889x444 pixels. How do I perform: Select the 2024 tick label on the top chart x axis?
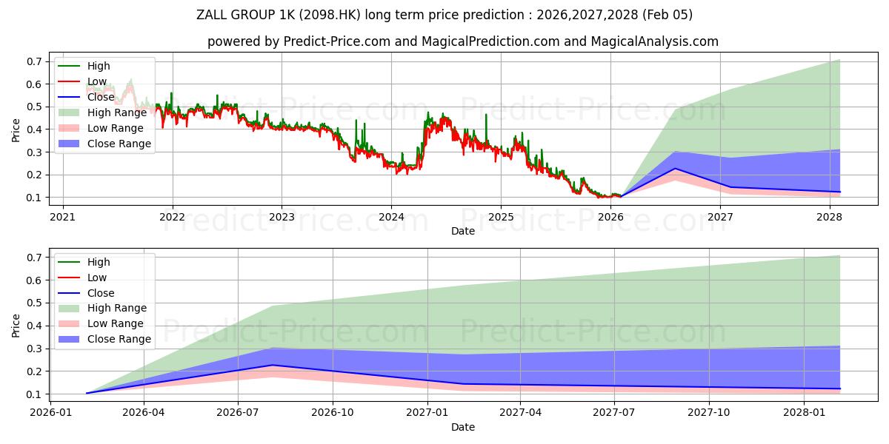pyautogui.click(x=391, y=217)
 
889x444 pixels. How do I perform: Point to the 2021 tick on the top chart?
pyautogui.click(x=63, y=217)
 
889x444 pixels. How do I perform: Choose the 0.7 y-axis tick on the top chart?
pyautogui.click(x=34, y=61)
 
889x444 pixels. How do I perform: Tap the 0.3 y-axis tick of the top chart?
pyautogui.click(x=34, y=152)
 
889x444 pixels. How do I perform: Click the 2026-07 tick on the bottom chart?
pyautogui.click(x=238, y=413)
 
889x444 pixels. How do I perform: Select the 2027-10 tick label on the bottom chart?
pyautogui.click(x=710, y=413)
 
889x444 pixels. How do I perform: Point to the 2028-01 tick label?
pyautogui.click(x=804, y=413)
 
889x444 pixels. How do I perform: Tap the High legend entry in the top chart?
pyautogui.click(x=99, y=66)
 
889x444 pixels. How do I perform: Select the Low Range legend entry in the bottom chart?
pyautogui.click(x=117, y=323)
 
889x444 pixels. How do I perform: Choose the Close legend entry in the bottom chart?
pyautogui.click(x=101, y=293)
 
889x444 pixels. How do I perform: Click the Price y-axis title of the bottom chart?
pyautogui.click(x=16, y=326)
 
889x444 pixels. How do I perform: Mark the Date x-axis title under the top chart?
pyautogui.click(x=463, y=231)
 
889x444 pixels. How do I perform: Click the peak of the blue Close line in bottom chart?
pyautogui.click(x=273, y=365)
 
